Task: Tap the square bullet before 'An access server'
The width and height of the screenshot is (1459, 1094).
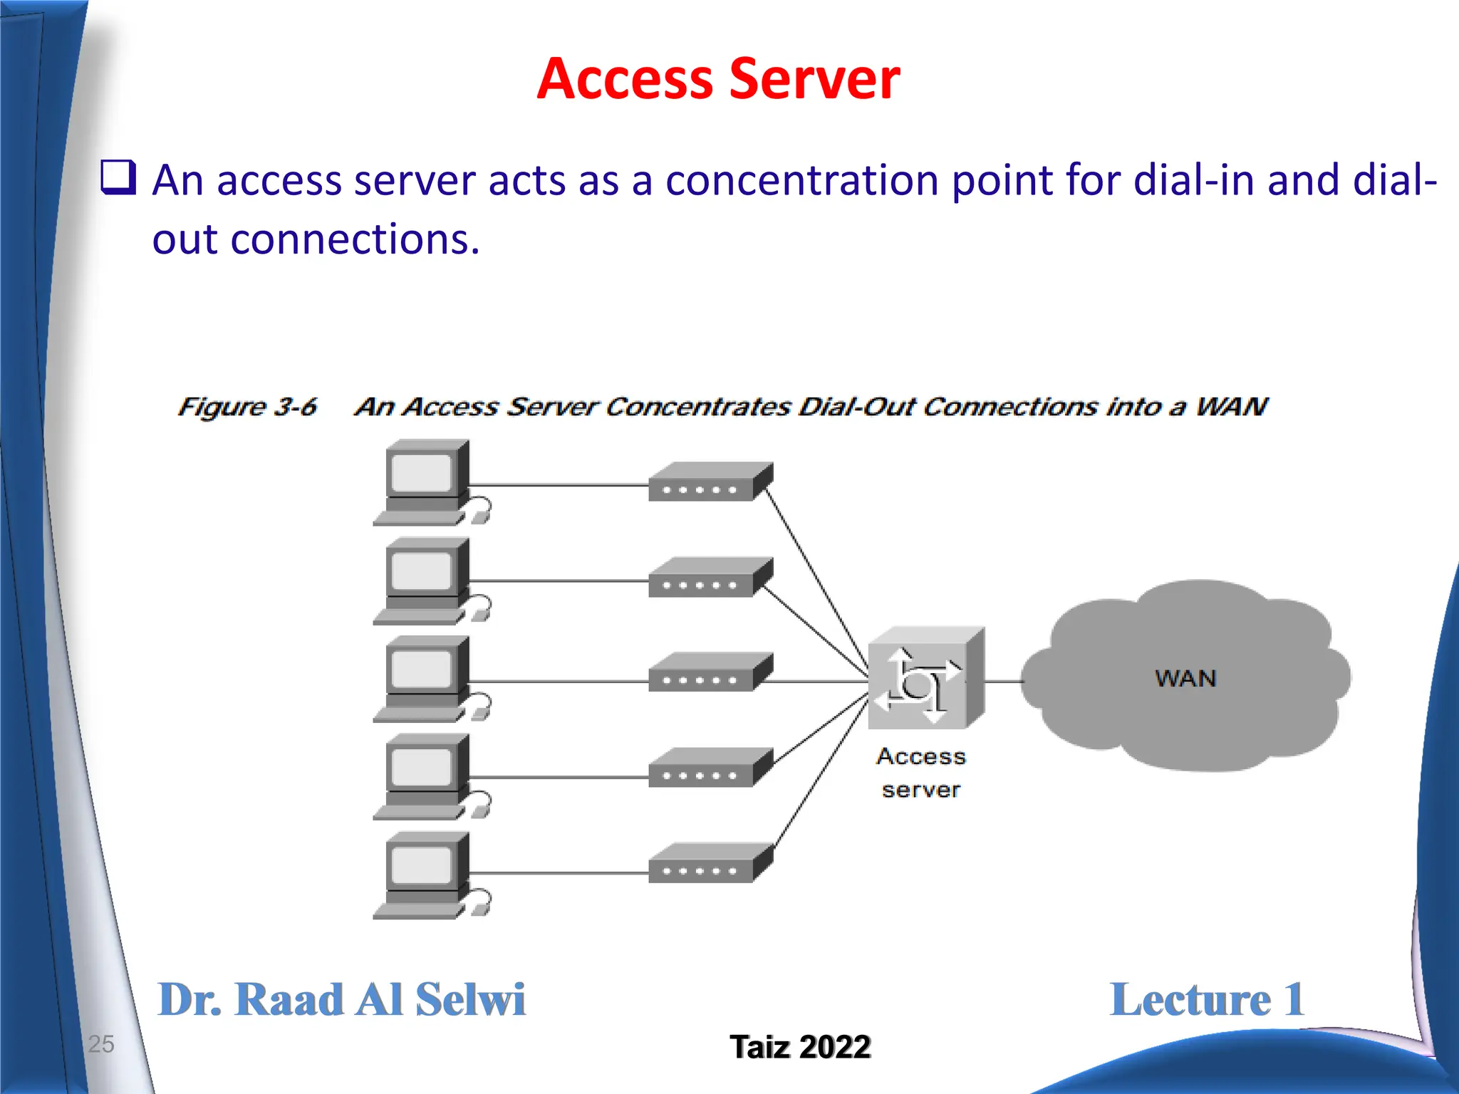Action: click(x=118, y=177)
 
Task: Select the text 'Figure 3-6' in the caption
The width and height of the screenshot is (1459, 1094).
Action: click(x=247, y=407)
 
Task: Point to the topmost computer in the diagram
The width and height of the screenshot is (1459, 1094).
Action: click(x=425, y=481)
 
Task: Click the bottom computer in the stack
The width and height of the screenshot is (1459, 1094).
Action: click(x=425, y=875)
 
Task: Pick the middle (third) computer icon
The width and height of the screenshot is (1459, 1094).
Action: click(x=425, y=678)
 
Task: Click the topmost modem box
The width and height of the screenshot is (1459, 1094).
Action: click(x=709, y=482)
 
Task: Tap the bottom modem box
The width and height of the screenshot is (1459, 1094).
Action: click(x=709, y=863)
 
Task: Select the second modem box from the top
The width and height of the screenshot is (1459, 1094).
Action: click(x=709, y=578)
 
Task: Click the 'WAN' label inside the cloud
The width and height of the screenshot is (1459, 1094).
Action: click(x=1185, y=678)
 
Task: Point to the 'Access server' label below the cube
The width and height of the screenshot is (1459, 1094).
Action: click(x=920, y=773)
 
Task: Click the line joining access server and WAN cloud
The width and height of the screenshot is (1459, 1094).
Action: click(x=1003, y=682)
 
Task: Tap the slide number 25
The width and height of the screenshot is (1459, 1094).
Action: click(x=100, y=1043)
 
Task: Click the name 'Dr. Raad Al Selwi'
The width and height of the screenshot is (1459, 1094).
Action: click(x=341, y=999)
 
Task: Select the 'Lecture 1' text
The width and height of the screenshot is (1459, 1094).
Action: click(x=1207, y=999)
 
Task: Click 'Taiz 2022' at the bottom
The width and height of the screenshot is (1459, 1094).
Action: click(x=799, y=1047)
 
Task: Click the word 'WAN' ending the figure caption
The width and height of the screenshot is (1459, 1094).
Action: click(x=1232, y=407)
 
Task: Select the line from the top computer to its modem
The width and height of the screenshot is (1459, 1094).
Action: click(x=559, y=486)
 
